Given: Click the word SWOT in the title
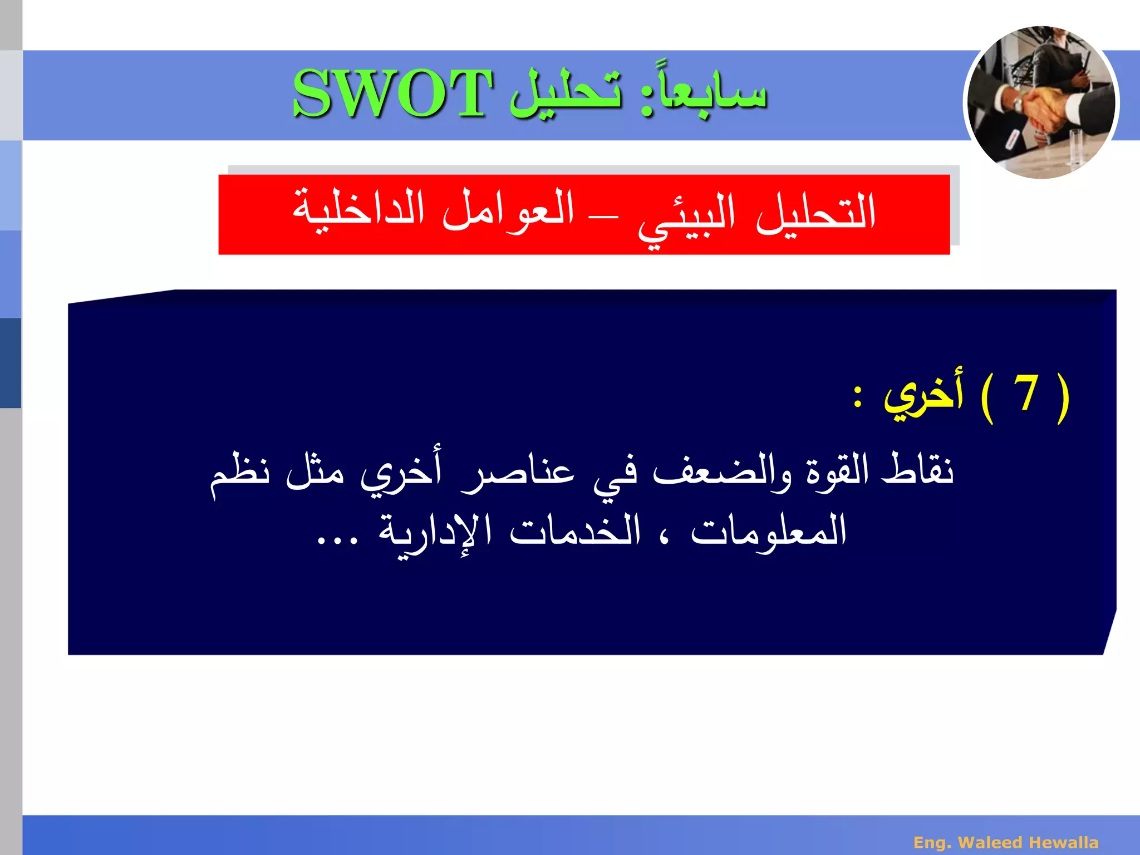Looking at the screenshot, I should [x=392, y=94].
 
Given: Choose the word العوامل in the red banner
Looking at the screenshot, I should [x=508, y=210].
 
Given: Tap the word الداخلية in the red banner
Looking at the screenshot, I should [x=358, y=210].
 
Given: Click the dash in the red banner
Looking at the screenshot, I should [x=605, y=217].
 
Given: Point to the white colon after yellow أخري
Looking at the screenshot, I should [x=858, y=396].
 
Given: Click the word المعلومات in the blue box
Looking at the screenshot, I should [x=768, y=532].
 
